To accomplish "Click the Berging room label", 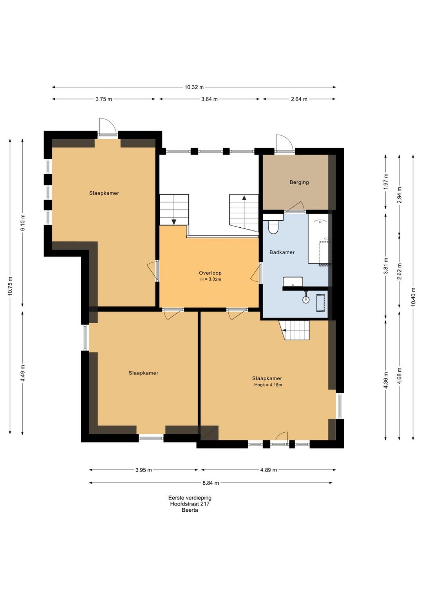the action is [299, 182].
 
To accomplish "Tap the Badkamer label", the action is [282, 252].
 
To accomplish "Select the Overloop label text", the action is [210, 273].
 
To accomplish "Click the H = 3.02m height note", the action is [211, 279].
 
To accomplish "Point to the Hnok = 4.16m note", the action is [268, 385].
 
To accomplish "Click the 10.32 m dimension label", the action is [194, 87].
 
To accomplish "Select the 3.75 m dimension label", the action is [103, 99].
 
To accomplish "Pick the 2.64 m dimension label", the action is [299, 99].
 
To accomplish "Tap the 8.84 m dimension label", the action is [211, 483].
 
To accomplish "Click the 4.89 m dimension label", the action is [268, 470].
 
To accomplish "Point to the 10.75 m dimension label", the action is [10, 286].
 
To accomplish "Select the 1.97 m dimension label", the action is [385, 181].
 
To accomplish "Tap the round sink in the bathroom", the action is [306, 299].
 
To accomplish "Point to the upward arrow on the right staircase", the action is [244, 198].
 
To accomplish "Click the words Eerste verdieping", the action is [190, 497].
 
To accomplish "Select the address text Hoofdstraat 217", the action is [190, 504].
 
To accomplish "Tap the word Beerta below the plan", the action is [190, 510].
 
